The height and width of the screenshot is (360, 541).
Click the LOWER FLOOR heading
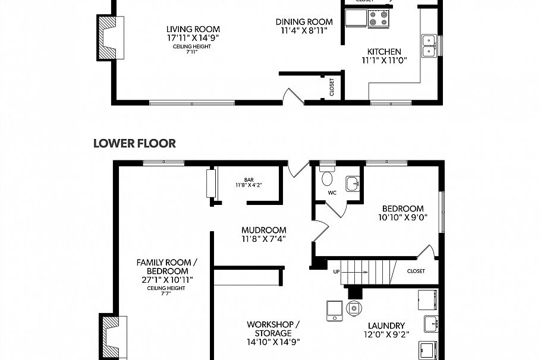(x=134, y=143)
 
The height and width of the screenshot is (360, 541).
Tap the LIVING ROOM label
(x=193, y=29)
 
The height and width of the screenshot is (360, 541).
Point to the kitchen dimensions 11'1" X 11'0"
(x=383, y=60)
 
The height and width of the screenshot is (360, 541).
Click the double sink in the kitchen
(x=428, y=46)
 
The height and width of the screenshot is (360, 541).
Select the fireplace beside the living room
(x=110, y=37)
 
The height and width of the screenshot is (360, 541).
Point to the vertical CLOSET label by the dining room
(x=332, y=87)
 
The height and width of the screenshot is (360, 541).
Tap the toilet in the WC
(x=327, y=176)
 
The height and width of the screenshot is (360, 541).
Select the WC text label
(x=332, y=193)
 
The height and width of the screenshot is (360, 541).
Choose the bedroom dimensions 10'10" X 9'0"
(x=402, y=217)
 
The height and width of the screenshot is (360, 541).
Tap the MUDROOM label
(x=263, y=230)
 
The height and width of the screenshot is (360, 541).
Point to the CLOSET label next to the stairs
(x=416, y=271)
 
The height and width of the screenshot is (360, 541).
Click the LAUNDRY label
(x=386, y=326)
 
